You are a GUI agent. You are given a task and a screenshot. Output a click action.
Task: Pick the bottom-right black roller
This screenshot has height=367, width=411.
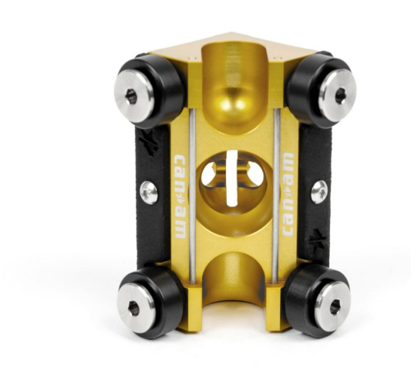point(322,303)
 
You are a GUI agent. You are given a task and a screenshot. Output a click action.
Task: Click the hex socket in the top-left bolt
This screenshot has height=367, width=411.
point(132,97)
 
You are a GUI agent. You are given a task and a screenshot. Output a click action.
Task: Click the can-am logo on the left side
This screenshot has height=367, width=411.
point(178,186)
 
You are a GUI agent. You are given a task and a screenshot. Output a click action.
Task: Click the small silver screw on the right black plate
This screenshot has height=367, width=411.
point(318,191)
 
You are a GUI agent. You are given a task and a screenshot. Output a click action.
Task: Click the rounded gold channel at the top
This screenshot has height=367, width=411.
point(234,85)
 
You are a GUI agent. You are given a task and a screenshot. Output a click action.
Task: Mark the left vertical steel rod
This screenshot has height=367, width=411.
point(190,193)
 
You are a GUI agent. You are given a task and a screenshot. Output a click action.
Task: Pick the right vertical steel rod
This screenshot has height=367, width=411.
point(275,193)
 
